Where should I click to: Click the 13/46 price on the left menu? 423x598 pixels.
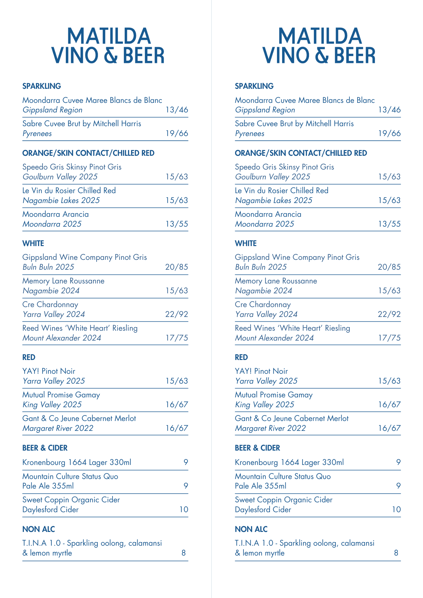[177, 110]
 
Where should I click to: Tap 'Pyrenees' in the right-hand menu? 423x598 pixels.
[249, 134]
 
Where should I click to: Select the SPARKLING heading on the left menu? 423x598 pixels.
[42, 86]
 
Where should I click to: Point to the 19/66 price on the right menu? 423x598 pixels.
[389, 134]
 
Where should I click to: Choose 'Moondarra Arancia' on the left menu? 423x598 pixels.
[55, 214]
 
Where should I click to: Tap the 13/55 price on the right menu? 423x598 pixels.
[389, 224]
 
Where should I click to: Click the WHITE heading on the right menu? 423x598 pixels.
[246, 243]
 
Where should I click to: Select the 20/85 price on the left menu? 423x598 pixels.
[176, 267]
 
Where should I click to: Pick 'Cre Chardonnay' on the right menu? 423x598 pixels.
[263, 305]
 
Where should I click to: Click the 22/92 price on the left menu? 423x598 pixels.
[176, 314]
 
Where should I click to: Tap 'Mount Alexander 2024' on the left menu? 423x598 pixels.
[62, 338]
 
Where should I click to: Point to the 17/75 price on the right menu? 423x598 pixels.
[389, 338]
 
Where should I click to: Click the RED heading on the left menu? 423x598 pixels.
[29, 357]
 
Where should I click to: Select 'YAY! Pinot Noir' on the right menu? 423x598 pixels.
[261, 371]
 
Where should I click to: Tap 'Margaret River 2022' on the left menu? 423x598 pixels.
[58, 428]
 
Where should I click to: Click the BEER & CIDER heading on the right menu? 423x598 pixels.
[257, 448]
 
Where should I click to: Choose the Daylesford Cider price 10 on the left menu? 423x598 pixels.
[184, 509]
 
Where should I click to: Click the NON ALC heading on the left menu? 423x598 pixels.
[39, 529]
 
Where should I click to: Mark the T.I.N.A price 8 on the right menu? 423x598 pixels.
[396, 553]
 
